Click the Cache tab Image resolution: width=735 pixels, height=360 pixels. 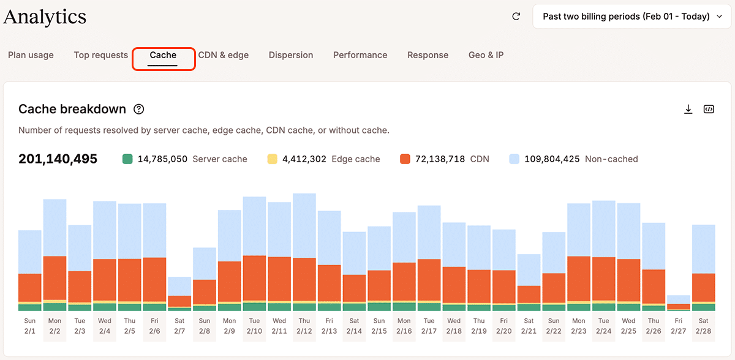(163, 55)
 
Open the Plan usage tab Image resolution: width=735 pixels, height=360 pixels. (31, 55)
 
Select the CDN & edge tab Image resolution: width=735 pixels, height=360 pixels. (224, 55)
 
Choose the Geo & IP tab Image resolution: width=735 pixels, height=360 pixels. (486, 55)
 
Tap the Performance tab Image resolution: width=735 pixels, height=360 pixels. (360, 55)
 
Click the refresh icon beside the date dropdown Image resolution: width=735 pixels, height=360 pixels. (516, 17)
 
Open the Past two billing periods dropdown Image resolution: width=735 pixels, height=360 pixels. (633, 17)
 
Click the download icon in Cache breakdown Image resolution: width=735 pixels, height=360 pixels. (688, 110)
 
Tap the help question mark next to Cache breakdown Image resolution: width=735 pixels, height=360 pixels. (139, 110)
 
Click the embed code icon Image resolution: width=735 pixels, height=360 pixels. (709, 110)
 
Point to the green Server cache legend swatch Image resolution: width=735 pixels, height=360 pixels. (127, 159)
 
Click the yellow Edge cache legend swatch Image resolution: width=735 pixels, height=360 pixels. (273, 159)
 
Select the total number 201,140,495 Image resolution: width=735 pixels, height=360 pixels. (58, 159)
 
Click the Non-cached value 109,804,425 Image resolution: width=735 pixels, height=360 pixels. (552, 159)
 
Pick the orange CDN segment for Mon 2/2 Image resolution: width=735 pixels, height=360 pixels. (55, 278)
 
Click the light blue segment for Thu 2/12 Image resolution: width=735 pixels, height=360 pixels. (304, 225)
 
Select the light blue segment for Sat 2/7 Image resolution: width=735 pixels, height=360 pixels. (179, 286)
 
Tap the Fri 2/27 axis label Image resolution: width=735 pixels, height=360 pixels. (679, 326)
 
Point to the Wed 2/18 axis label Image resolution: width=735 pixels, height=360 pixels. (454, 326)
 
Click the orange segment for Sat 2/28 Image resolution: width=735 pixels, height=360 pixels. (704, 288)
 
